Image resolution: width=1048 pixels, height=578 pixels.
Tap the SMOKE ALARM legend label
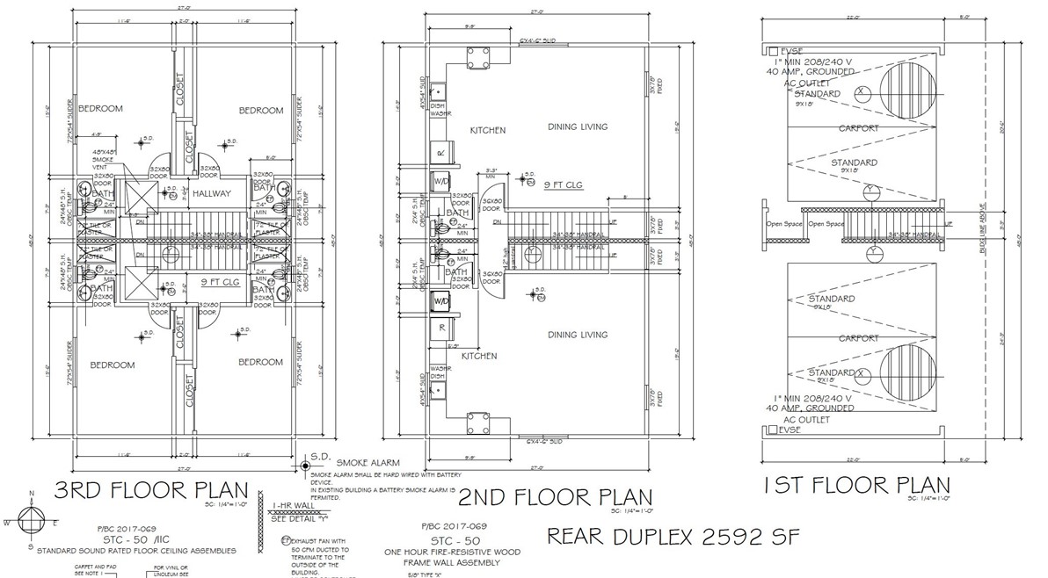[x=362, y=462]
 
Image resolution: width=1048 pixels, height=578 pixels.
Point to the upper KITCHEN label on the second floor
[x=487, y=130]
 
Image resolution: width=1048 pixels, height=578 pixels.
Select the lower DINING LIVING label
[x=578, y=335]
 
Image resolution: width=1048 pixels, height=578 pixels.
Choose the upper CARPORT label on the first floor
[x=858, y=128]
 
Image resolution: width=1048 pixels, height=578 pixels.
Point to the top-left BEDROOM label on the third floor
[x=100, y=109]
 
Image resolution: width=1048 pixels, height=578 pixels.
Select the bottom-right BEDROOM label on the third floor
[x=261, y=362]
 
